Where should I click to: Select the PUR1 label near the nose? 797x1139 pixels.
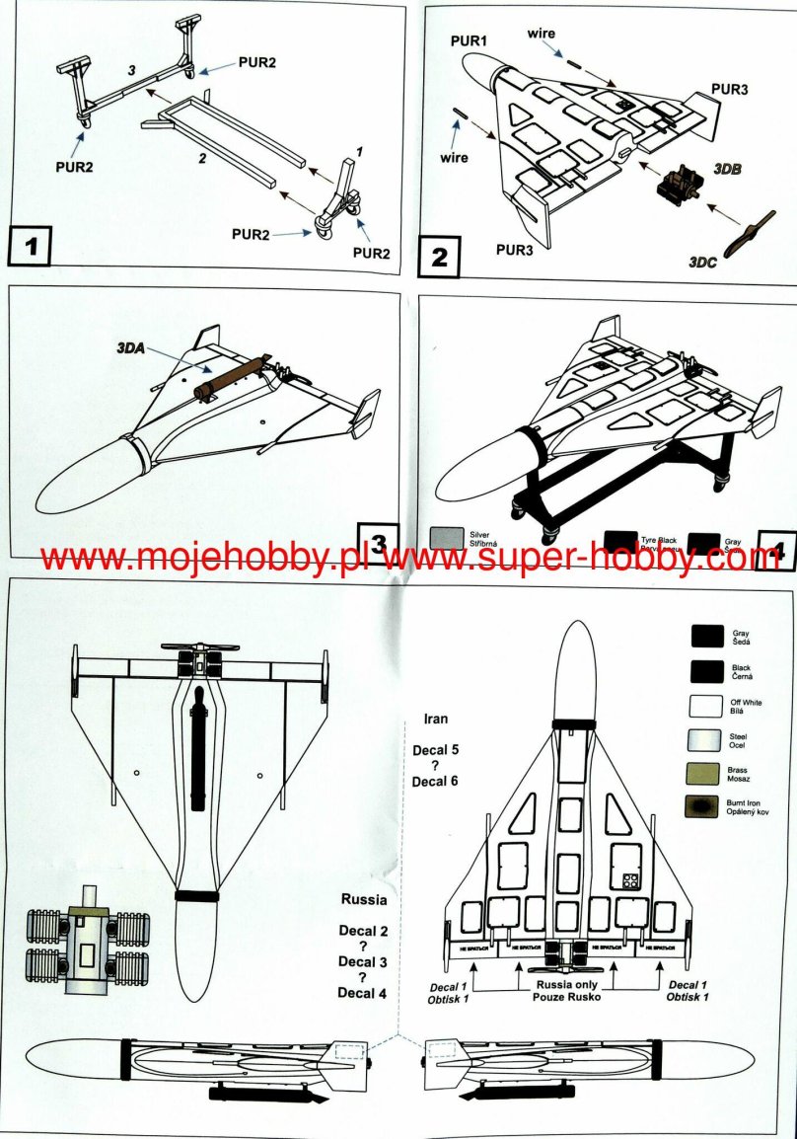[x=469, y=39]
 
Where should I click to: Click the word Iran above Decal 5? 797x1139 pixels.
[x=435, y=719]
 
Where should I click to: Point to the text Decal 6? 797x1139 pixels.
[x=435, y=784]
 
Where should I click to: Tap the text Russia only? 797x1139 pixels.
[x=568, y=985]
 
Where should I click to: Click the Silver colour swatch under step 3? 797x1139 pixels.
[x=447, y=539]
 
